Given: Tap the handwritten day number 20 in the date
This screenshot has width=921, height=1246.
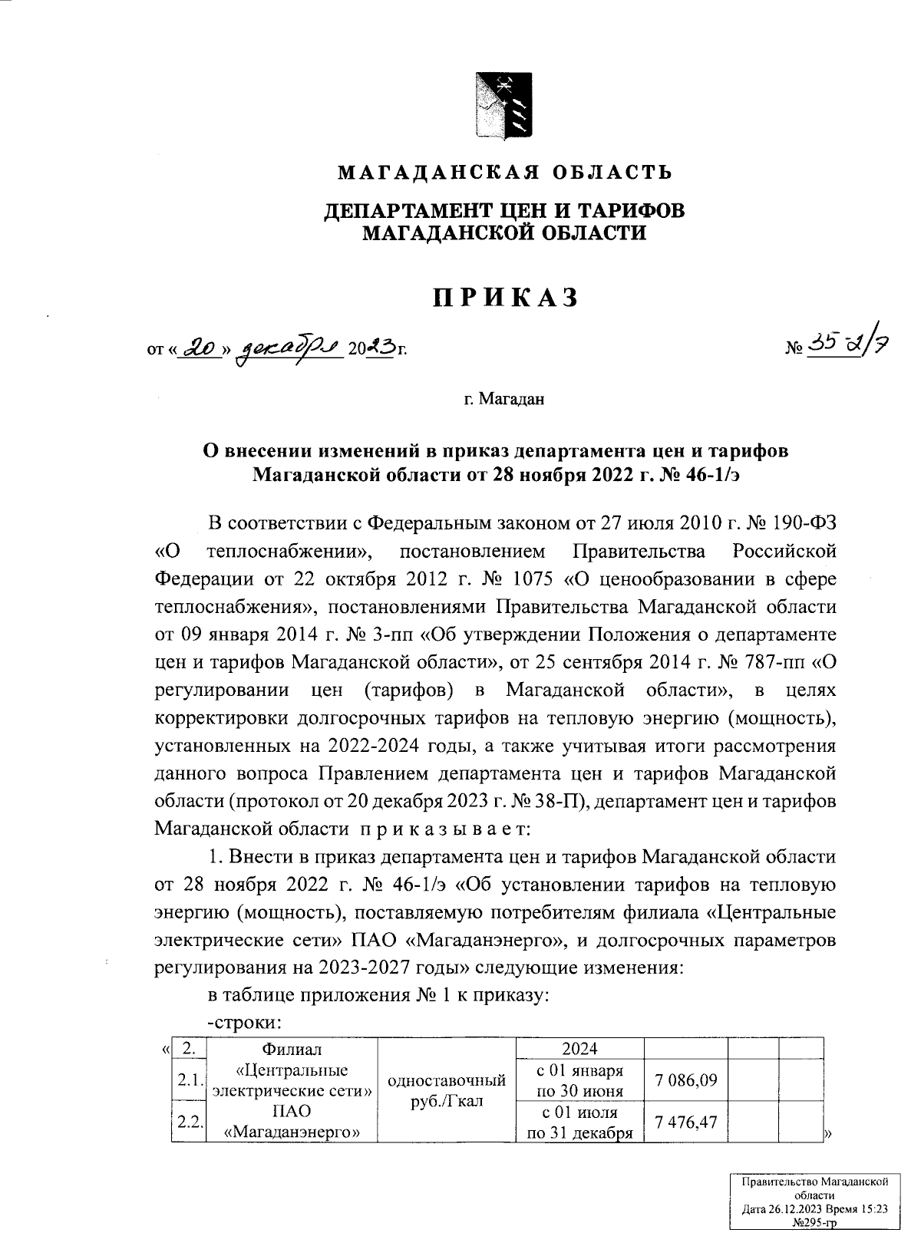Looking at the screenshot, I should point(200,349).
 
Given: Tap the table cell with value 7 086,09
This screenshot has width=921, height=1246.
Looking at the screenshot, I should point(685,1080).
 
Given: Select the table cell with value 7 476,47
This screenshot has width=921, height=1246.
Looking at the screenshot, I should point(685,1122).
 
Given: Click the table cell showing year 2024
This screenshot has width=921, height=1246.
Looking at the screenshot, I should point(580,1048).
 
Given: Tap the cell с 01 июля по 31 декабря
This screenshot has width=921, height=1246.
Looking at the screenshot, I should point(580,1122).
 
